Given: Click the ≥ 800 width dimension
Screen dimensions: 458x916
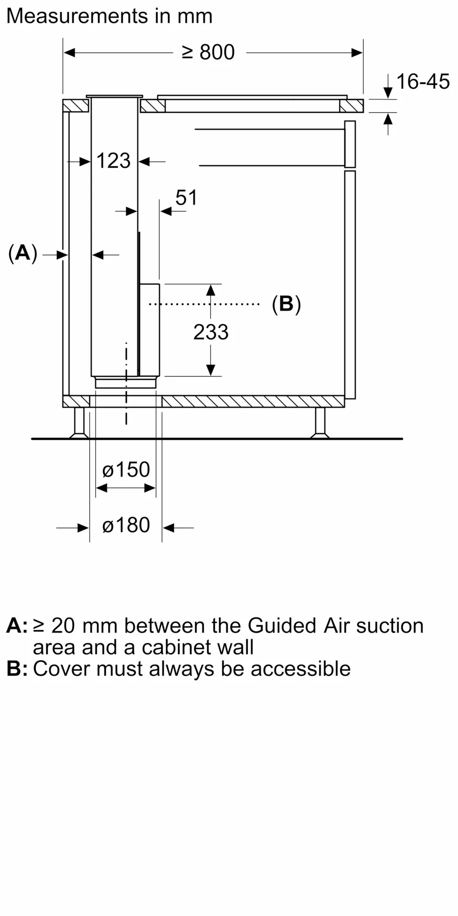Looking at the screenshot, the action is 208,52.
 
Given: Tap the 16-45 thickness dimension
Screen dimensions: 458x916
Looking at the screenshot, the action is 423,82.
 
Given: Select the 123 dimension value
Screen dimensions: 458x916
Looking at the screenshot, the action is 114,161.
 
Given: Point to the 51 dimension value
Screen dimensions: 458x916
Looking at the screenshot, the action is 186,197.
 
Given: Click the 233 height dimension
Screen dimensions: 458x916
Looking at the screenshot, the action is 211,332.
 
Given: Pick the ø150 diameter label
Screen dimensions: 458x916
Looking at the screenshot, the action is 126,469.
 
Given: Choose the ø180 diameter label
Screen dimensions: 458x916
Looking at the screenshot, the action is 126,525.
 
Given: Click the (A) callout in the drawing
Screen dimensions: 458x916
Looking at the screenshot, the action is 22,253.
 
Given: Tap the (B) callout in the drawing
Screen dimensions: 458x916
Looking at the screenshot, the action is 286,304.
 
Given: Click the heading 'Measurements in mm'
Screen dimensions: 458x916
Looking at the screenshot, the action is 109,16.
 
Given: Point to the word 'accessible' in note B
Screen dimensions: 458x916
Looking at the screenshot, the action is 300,669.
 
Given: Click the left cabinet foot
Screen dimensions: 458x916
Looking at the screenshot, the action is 79,423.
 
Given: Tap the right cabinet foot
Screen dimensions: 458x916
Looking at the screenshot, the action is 320,423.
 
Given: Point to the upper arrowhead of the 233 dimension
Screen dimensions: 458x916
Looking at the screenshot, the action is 211,290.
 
